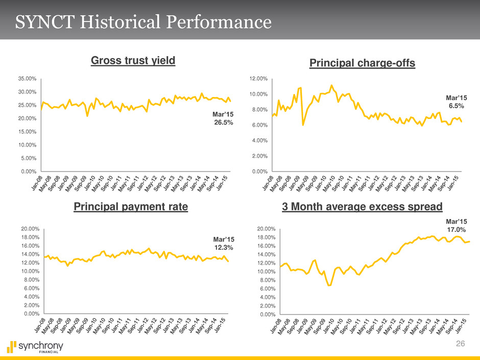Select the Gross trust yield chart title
[133, 61]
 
